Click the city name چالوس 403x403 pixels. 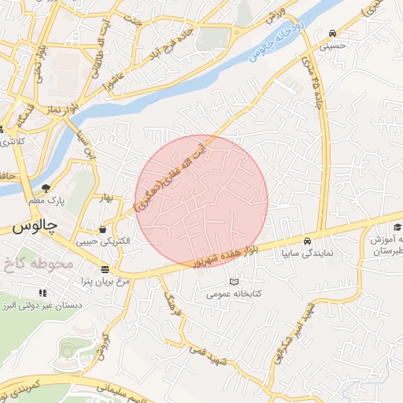[x=35, y=226]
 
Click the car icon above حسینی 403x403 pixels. [x=333, y=34]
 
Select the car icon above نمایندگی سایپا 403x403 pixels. [x=308, y=241]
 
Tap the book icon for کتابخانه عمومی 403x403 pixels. [x=232, y=281]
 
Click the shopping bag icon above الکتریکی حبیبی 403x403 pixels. [x=103, y=229]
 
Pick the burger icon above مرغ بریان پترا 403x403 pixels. [x=104, y=269]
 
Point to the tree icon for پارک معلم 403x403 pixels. [x=46, y=188]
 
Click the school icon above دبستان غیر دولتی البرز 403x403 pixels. [x=43, y=293]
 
